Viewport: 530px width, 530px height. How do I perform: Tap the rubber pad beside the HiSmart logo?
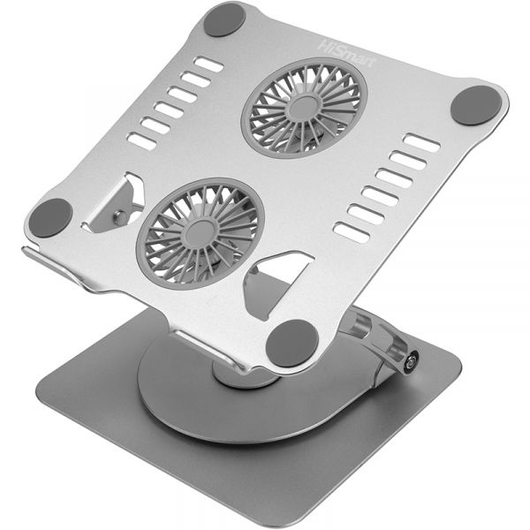tap(224, 19)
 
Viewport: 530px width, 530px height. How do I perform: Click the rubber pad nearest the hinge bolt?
tap(292, 342)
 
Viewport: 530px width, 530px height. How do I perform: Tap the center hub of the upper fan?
tap(306, 107)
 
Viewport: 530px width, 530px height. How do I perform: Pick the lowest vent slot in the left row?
tap(140, 140)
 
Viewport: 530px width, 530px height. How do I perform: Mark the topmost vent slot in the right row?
tap(421, 142)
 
